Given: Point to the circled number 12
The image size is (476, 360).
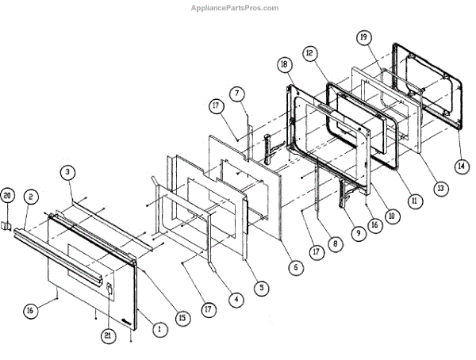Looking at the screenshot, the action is click(x=310, y=53).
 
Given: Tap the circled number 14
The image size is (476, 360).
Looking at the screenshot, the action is click(x=460, y=167).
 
